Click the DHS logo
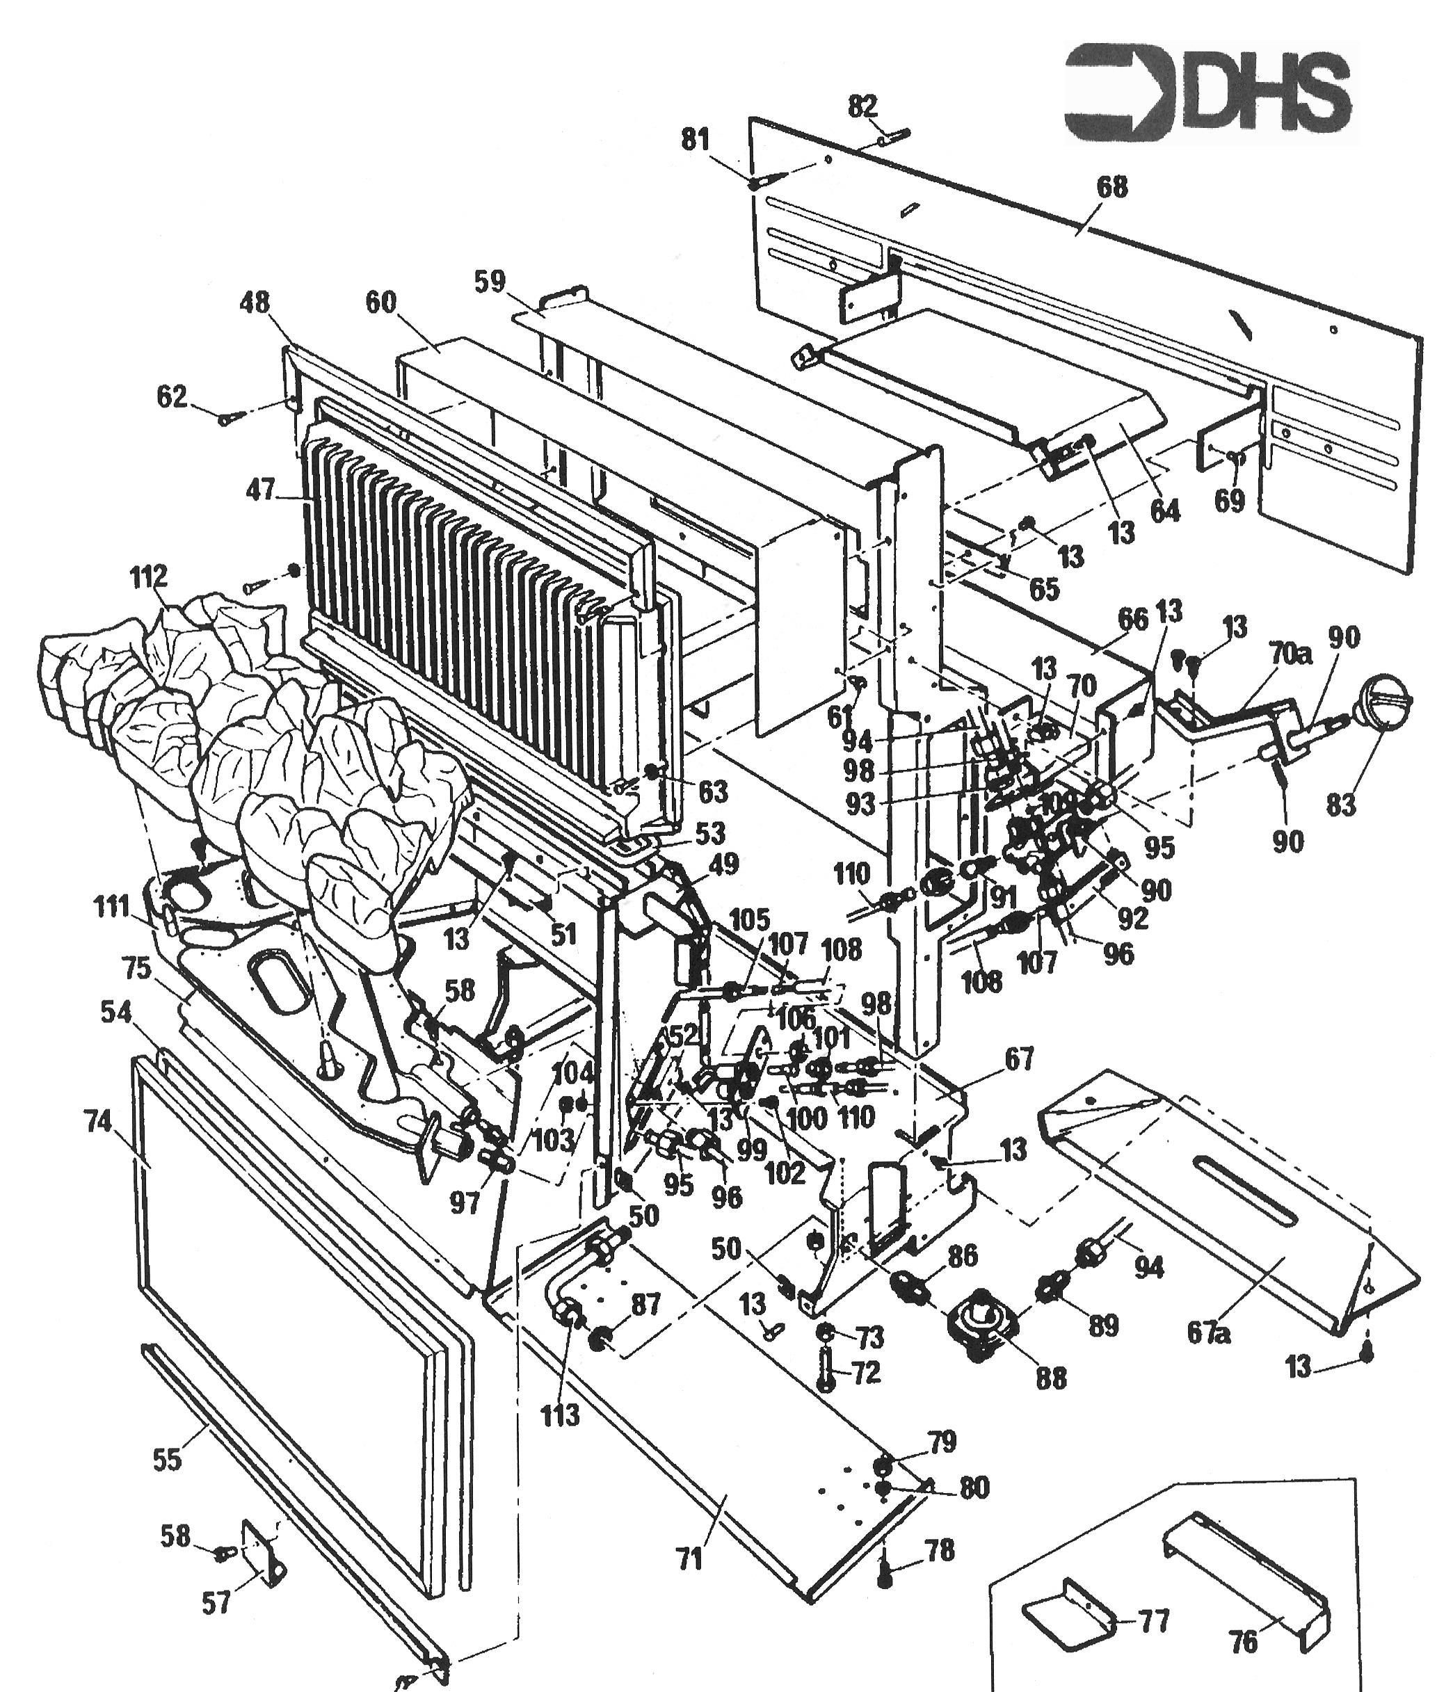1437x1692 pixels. tap(1210, 92)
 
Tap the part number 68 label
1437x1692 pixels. tap(1113, 187)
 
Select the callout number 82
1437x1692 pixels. tap(862, 106)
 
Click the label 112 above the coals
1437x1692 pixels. tap(149, 577)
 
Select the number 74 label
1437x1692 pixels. tap(98, 1122)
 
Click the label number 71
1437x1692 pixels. tap(689, 1560)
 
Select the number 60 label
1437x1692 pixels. tap(380, 303)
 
